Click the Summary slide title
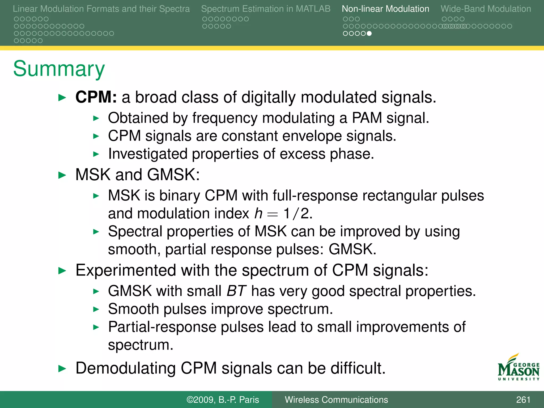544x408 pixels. click(x=59, y=69)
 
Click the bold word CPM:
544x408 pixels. click(x=96, y=97)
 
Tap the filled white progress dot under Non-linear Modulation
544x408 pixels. click(x=369, y=33)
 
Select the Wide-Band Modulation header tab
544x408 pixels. click(x=486, y=9)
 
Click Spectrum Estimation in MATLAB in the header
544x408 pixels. click(x=266, y=9)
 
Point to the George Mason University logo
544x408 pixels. click(x=518, y=368)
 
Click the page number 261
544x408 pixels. click(x=523, y=399)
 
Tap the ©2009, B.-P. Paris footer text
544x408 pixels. click(x=223, y=399)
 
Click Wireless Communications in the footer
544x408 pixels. click(x=336, y=399)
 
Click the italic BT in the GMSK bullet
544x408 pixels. click(x=236, y=291)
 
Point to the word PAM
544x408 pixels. click(x=367, y=118)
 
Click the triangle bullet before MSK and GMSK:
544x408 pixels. click(x=62, y=175)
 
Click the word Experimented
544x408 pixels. click(x=126, y=270)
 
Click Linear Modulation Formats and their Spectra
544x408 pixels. click(x=101, y=9)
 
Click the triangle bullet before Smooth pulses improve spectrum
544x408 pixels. click(x=96, y=309)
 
